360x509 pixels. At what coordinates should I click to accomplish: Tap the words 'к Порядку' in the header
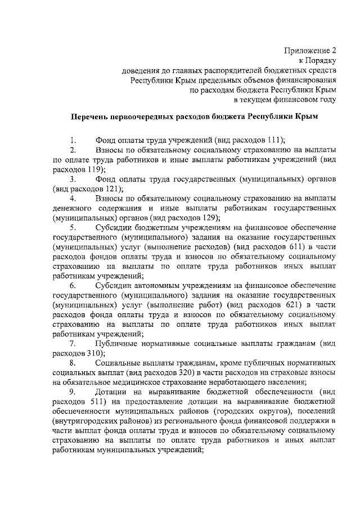tap(318, 61)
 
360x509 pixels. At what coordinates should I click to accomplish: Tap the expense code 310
tap(94, 353)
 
